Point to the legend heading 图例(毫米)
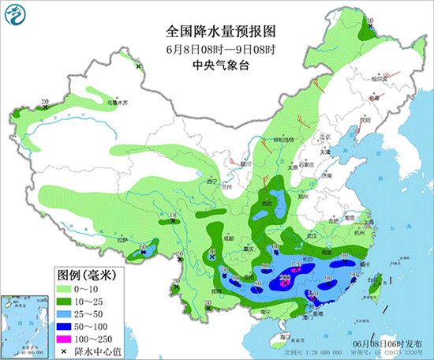click(87, 275)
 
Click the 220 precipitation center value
click(286, 277)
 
